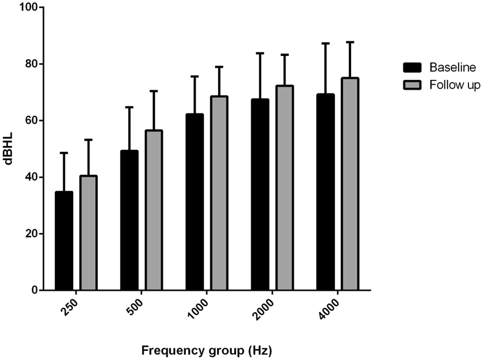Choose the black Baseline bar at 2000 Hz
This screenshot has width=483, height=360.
(x=260, y=195)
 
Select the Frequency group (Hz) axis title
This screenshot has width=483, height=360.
(x=206, y=350)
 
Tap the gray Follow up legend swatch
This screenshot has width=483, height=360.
(x=412, y=85)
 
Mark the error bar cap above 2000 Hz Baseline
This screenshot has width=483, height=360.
(x=260, y=53)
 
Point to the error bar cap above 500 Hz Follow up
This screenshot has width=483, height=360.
(x=154, y=91)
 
